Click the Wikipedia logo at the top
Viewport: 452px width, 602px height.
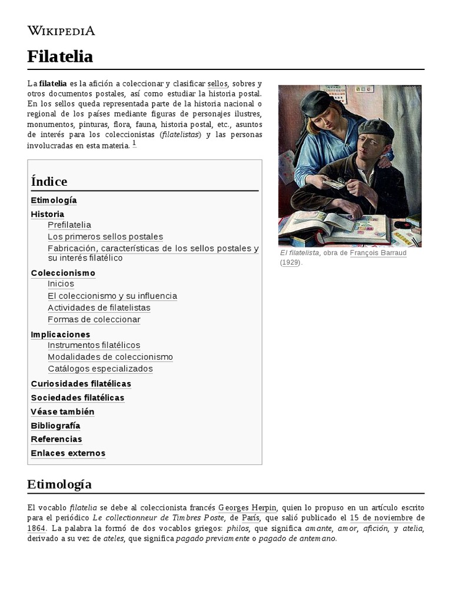(61, 31)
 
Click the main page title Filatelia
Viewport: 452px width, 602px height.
(60, 56)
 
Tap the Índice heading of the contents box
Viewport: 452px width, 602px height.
(49, 181)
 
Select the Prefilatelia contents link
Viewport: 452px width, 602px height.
(69, 225)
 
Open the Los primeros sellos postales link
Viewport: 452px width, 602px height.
(105, 237)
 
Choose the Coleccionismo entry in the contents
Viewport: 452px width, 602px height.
(63, 273)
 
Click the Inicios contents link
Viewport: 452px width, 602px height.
(61, 284)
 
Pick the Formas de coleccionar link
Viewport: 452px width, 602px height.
(94, 320)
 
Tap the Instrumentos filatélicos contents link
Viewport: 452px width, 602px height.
(94, 345)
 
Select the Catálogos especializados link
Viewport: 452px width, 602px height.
(100, 369)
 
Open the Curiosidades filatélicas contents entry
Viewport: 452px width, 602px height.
(81, 384)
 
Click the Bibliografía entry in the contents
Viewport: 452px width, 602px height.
(55, 426)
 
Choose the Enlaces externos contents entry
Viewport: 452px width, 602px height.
(68, 453)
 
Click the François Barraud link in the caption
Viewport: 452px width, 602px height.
(378, 253)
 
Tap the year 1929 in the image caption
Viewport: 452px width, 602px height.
(290, 262)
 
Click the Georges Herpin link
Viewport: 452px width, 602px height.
(247, 507)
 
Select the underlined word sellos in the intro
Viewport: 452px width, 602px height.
(217, 83)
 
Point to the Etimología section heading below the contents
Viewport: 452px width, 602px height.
(59, 484)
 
